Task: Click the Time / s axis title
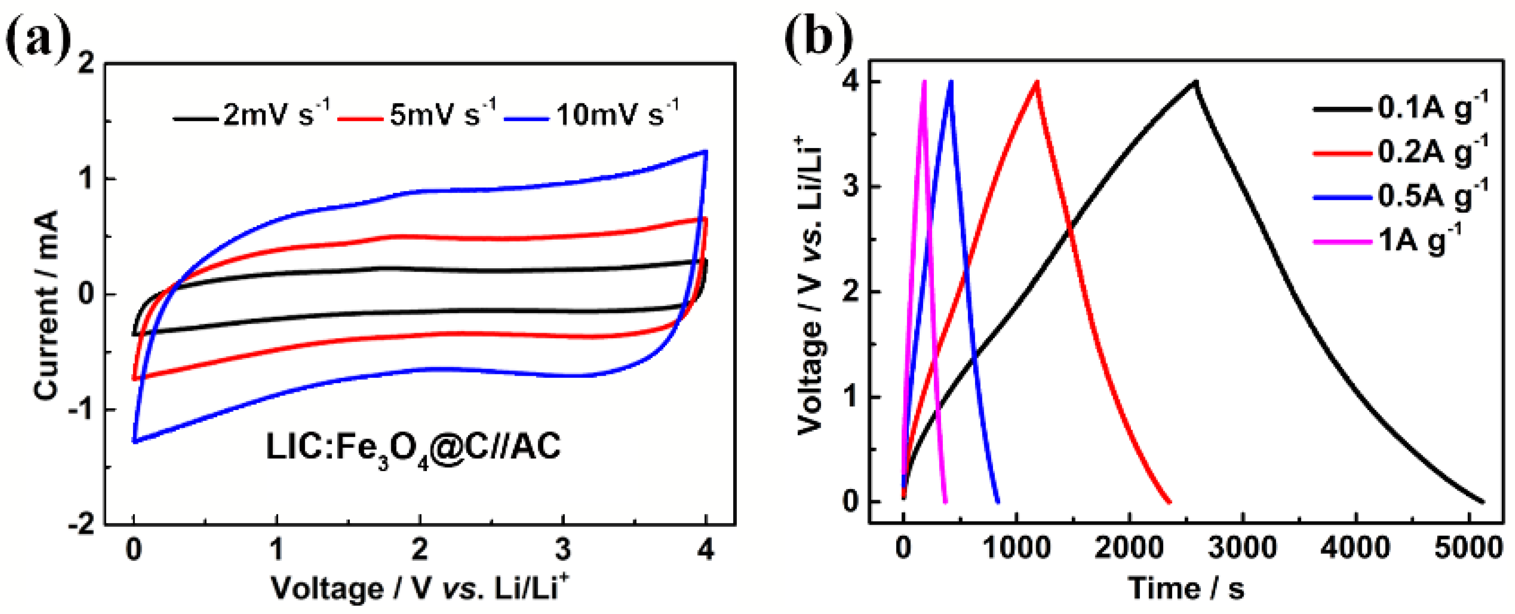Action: coord(1186,589)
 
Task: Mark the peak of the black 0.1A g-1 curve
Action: coord(1195,82)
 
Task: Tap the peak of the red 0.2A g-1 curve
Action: coord(1037,82)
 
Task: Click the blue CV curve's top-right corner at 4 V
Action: coord(705,152)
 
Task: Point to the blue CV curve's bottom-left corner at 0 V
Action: coord(135,440)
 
